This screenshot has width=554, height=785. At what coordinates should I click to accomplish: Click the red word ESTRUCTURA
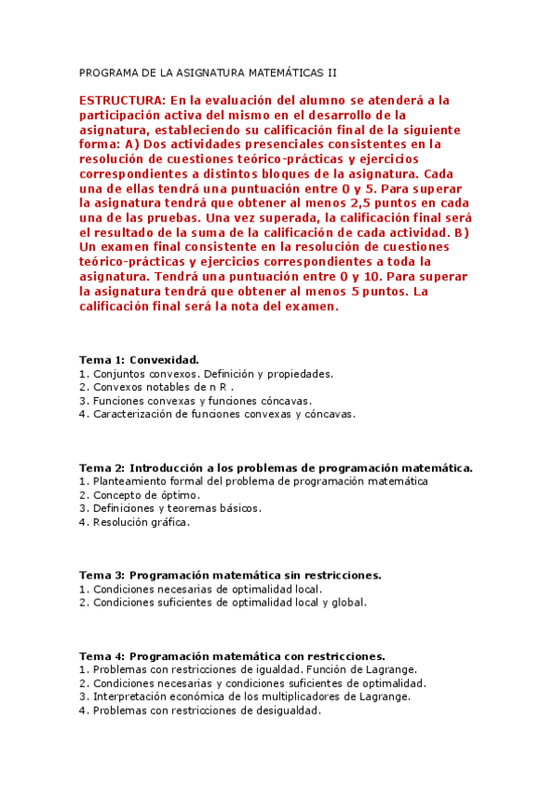tap(122, 99)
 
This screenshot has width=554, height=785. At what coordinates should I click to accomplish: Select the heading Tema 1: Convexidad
tap(139, 359)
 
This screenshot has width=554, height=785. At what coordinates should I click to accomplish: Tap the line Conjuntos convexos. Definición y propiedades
tap(205, 374)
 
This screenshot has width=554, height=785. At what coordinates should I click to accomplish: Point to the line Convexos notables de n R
tap(156, 387)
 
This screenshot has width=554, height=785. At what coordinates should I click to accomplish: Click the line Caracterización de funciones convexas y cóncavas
tap(216, 414)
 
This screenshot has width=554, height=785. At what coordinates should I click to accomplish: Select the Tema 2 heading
tap(276, 467)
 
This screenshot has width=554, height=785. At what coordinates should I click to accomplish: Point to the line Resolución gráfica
tap(134, 521)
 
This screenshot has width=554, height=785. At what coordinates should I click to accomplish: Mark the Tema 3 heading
tap(229, 575)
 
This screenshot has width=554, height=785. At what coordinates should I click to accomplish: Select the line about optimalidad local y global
tap(223, 602)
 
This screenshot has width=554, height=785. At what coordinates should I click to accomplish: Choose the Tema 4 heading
tap(231, 655)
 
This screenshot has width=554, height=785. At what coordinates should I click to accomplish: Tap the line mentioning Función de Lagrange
tap(248, 669)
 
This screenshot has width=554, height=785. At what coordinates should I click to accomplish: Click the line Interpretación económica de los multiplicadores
tap(245, 696)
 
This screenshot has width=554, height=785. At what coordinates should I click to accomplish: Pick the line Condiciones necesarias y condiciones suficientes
tap(252, 683)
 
